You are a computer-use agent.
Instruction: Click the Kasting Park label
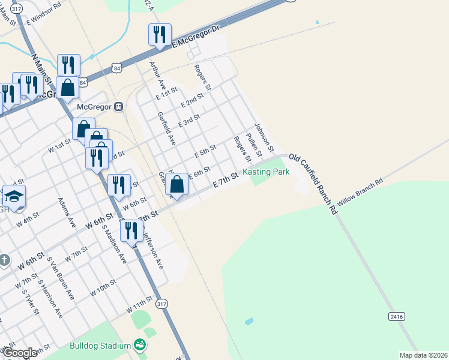coord(266,172)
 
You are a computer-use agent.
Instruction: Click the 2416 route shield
coord(396,316)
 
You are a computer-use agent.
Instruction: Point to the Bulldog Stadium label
coord(100,346)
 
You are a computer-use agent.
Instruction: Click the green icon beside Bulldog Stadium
coord(140,344)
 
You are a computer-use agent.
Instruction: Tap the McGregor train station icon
coord(119,107)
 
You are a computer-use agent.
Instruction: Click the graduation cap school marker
coord(14,197)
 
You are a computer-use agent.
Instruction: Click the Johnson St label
coord(264,137)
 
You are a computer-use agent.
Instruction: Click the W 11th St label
coord(140,306)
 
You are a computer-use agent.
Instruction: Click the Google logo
coord(20,353)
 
